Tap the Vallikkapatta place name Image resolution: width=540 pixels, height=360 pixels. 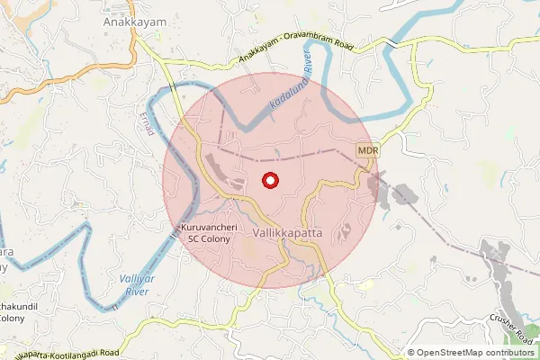(287, 232)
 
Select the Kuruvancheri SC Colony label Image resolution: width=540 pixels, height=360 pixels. (210, 234)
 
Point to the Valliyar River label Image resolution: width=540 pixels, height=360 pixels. (133, 285)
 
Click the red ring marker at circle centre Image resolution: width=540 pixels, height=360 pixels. (269, 180)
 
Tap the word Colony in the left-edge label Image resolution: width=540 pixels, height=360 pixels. (11, 318)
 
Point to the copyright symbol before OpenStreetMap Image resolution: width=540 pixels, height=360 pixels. (411, 353)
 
